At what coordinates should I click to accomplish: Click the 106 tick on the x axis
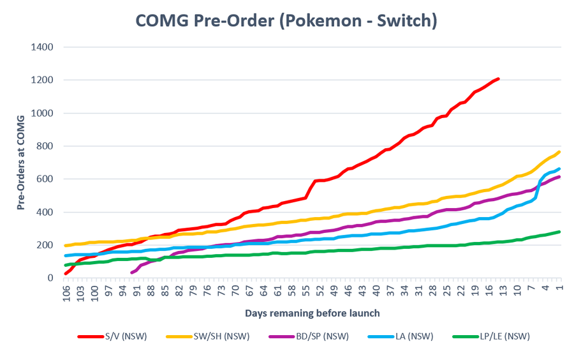[66, 292]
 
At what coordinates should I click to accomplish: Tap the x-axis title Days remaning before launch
[312, 313]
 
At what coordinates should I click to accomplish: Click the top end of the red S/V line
[498, 79]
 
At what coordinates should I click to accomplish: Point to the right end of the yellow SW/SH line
[559, 152]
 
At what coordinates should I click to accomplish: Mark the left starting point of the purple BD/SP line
[131, 273]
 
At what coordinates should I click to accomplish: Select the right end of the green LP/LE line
[559, 232]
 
